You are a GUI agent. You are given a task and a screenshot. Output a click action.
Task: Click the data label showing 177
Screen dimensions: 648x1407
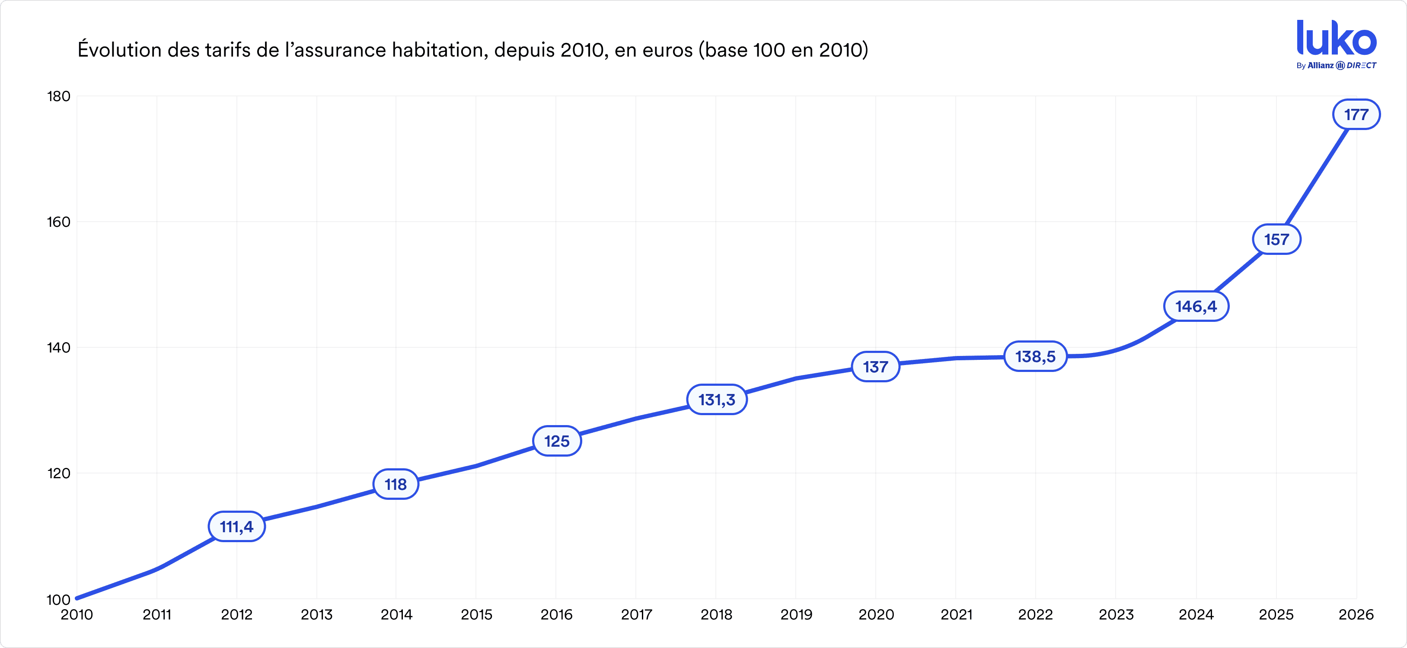pyautogui.click(x=1356, y=114)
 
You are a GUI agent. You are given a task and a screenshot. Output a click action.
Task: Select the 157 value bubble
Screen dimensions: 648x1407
pyautogui.click(x=1276, y=240)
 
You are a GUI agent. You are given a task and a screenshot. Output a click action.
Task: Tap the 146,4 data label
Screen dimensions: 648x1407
pyautogui.click(x=1196, y=306)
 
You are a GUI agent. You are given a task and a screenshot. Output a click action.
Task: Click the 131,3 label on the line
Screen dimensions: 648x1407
pyautogui.click(x=717, y=400)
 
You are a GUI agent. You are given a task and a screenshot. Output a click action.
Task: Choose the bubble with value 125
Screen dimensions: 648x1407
pyautogui.click(x=557, y=441)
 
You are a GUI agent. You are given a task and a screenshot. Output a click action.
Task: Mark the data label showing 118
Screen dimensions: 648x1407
pyautogui.click(x=396, y=484)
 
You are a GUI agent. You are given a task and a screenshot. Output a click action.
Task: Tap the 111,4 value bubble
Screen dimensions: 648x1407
pyautogui.click(x=236, y=527)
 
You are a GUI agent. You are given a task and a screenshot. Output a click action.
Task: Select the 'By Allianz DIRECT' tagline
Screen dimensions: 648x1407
pyautogui.click(x=1336, y=66)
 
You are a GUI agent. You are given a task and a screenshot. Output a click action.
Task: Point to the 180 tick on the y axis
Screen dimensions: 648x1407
pyautogui.click(x=59, y=97)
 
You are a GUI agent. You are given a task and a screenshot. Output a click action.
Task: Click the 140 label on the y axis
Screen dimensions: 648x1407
pyautogui.click(x=59, y=348)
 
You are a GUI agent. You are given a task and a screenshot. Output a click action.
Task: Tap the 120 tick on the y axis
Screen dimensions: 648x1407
pyautogui.click(x=59, y=473)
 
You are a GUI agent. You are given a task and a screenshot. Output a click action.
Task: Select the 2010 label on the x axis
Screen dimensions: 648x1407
pyautogui.click(x=77, y=615)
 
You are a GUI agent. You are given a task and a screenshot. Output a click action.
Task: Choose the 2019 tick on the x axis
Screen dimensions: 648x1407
pyautogui.click(x=796, y=615)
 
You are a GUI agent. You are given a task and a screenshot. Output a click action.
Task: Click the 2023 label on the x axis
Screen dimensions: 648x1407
pyautogui.click(x=1116, y=615)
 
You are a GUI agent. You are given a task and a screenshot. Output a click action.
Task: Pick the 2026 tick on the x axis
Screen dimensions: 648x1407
pyautogui.click(x=1356, y=615)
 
